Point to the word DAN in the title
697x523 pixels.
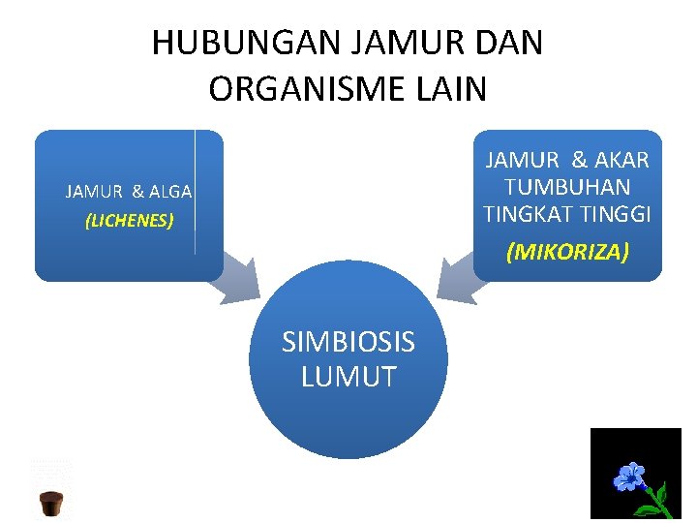click(509, 44)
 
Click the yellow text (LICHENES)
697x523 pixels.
click(129, 221)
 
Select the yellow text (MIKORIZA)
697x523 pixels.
click(567, 253)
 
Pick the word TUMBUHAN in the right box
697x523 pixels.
click(567, 186)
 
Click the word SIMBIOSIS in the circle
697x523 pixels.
click(348, 342)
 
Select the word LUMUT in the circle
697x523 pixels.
click(348, 377)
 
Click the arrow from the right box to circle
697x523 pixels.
click(460, 279)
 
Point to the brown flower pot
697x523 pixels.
click(51, 504)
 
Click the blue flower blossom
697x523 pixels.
click(630, 477)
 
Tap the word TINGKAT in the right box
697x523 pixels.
click(523, 213)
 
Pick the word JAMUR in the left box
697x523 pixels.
click(93, 192)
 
